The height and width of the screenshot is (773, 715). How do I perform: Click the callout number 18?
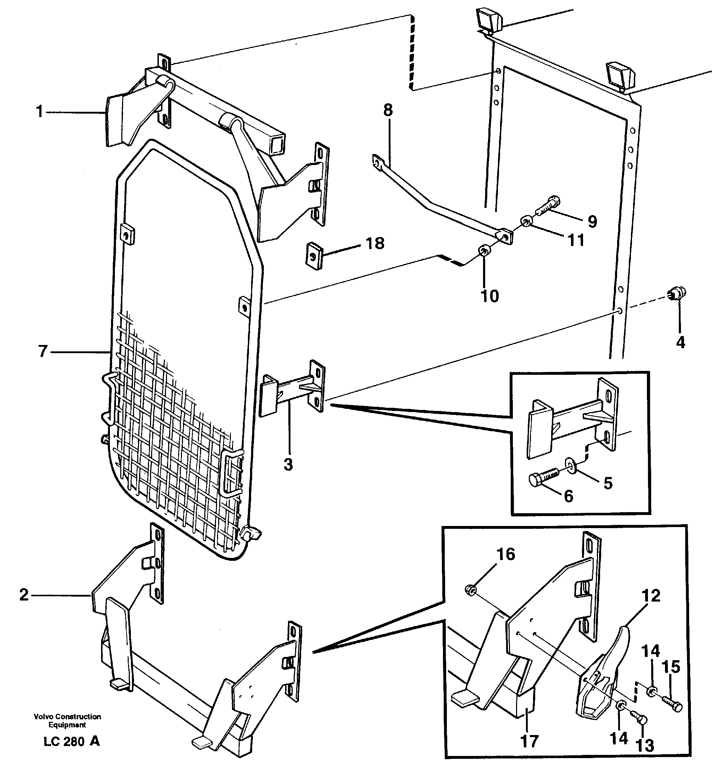click(375, 243)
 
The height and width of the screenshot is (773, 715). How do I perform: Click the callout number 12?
click(651, 596)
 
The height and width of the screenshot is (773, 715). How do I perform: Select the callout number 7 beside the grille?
click(43, 351)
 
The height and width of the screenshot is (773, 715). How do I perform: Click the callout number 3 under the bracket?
click(288, 465)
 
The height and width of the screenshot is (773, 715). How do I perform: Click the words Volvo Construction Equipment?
click(67, 720)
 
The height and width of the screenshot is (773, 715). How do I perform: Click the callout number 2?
click(24, 595)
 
